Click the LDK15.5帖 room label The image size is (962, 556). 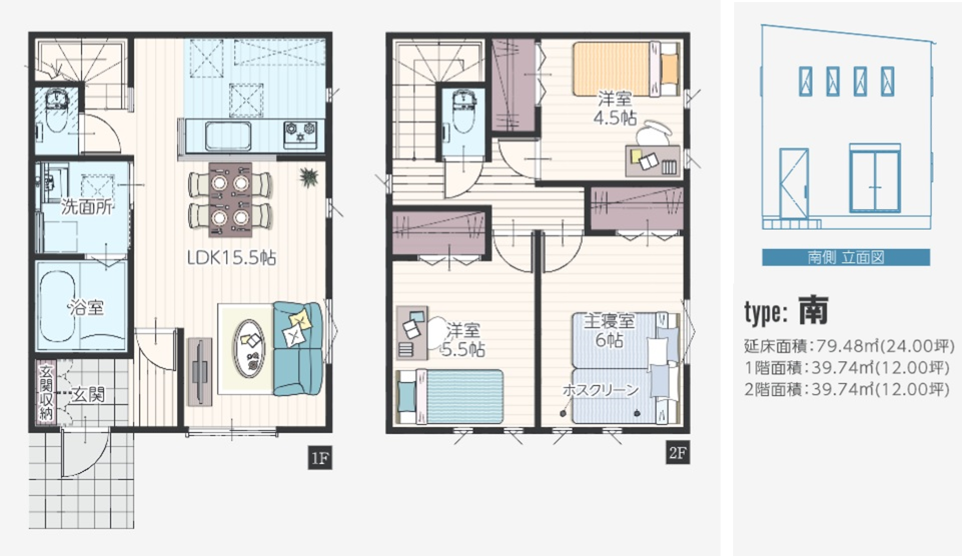231,257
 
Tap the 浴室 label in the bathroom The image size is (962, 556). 86,307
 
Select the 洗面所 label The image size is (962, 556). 86,206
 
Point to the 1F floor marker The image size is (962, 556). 319,458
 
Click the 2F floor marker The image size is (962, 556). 677,452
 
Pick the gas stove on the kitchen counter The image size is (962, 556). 300,134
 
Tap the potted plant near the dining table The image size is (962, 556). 309,177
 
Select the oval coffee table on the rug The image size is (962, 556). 249,348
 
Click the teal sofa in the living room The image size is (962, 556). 298,349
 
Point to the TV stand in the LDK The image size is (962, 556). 200,371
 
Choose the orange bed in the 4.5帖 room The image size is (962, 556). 626,69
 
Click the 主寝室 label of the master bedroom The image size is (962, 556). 609,321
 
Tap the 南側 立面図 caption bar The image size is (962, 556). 846,257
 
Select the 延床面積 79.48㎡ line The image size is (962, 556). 849,346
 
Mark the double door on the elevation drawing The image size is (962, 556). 875,178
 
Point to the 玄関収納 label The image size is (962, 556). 46,393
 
